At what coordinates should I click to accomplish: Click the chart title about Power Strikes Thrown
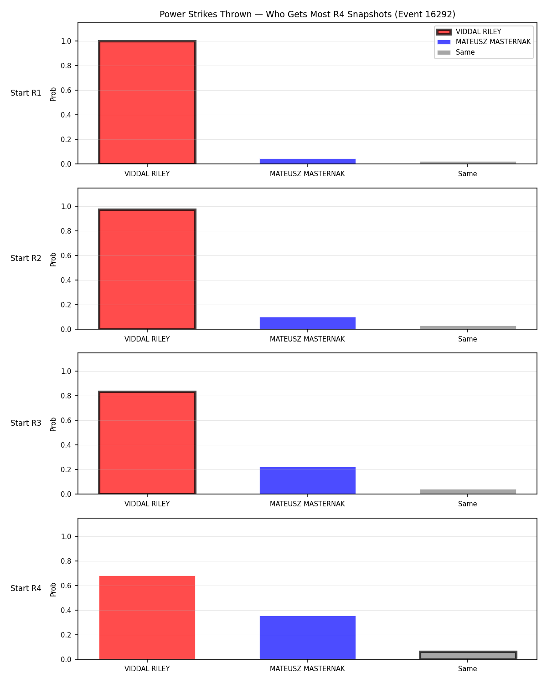(x=307, y=14)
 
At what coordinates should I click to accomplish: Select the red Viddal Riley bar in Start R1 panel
(x=147, y=102)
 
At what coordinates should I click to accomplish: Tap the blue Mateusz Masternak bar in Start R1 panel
(x=307, y=161)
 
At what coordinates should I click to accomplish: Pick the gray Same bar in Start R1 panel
(x=468, y=163)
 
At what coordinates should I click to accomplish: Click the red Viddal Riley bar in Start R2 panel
(x=147, y=269)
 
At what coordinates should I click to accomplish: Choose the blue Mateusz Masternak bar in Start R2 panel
(x=307, y=323)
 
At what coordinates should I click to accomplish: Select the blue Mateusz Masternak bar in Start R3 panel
(x=307, y=480)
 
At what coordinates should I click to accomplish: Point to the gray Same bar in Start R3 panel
(x=468, y=492)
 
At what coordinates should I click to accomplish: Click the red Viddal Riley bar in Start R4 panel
(x=147, y=617)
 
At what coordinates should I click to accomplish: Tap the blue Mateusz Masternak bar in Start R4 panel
(x=307, y=637)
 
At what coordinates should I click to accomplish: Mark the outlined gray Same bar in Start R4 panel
(x=468, y=655)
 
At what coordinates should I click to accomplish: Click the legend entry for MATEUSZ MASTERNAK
(x=484, y=42)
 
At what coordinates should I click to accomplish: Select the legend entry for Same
(x=456, y=52)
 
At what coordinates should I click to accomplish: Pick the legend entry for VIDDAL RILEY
(x=469, y=32)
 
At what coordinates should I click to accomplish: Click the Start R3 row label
(x=26, y=423)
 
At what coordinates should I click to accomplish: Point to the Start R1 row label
(x=26, y=93)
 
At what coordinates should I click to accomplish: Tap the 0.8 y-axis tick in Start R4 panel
(x=66, y=561)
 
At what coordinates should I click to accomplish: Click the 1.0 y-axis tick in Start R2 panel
(x=66, y=207)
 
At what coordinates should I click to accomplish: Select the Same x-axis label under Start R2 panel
(x=467, y=339)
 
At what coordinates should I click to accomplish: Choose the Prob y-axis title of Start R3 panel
(x=53, y=424)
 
